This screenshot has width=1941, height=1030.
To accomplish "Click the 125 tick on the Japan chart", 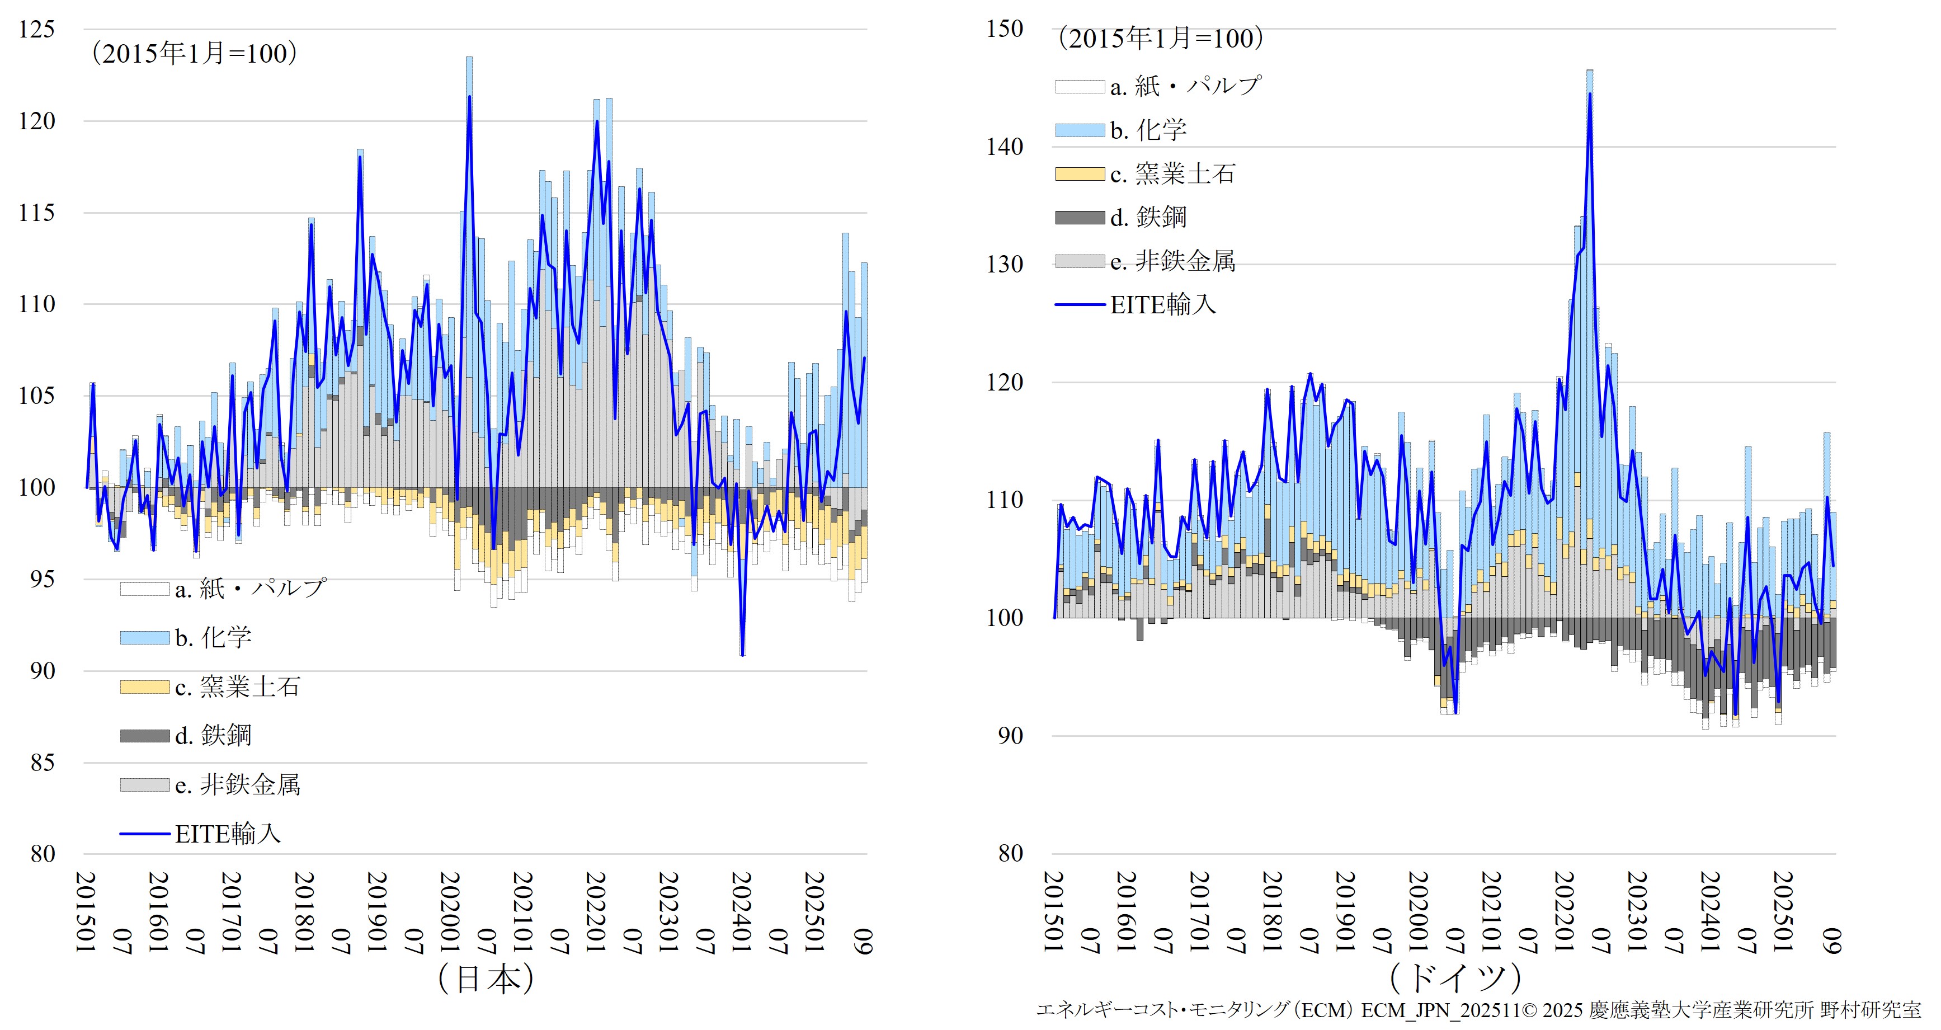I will [37, 30].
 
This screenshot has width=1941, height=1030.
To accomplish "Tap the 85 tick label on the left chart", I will [42, 763].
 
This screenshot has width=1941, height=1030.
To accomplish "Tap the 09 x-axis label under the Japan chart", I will [864, 941].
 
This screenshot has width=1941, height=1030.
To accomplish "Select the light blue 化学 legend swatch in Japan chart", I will [145, 637].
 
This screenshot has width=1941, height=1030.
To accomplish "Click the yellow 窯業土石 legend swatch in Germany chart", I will [1080, 174].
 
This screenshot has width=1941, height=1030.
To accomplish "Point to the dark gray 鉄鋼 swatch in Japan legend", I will [145, 735].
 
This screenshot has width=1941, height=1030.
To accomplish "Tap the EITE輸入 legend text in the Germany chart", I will [1162, 304].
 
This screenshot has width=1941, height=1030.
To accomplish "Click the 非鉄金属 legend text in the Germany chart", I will [1185, 261].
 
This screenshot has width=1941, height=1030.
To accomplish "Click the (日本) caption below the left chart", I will [486, 979].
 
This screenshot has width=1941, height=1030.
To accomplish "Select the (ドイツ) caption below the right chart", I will [1454, 979].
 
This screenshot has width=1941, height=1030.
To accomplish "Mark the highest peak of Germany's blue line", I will [1590, 94].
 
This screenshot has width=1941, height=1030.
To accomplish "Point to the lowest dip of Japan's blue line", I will [742, 655].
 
